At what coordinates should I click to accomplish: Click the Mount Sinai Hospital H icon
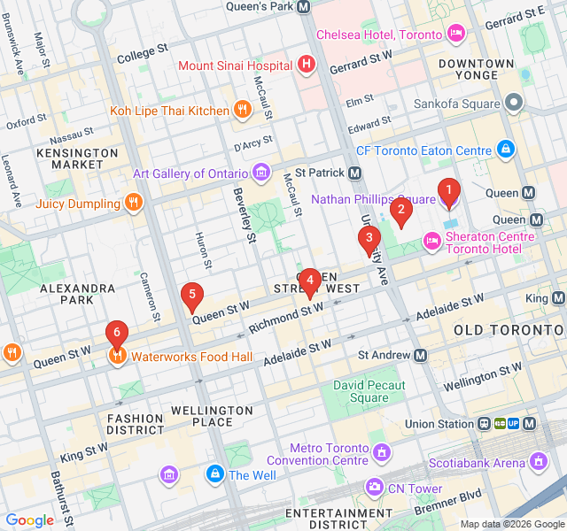307,64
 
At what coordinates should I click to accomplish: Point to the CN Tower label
413,489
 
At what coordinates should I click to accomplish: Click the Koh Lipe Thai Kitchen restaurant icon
243,110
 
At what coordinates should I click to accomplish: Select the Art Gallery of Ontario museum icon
261,171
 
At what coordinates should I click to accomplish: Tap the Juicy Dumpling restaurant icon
134,203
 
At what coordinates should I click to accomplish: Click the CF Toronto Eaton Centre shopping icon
505,149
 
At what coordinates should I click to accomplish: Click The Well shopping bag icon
214,474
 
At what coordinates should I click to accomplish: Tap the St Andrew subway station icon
420,355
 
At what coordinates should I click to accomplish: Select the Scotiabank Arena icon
539,461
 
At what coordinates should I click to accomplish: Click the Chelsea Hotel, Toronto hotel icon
456,34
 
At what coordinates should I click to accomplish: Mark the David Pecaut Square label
369,391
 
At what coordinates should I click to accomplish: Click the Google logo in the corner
30,520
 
